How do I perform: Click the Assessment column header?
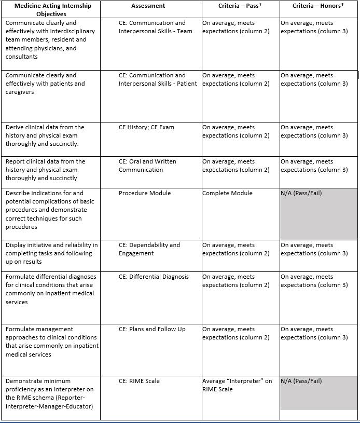coord(148,6)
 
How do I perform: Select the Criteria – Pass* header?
coord(240,6)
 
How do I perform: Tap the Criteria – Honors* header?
coord(318,6)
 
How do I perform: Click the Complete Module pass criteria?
coord(228,193)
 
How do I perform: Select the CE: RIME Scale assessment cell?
coord(139,381)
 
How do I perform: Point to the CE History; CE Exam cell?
coord(146,127)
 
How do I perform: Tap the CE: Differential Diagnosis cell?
coord(154,277)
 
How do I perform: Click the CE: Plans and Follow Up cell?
coord(151,329)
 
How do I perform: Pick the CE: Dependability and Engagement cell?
coord(149,249)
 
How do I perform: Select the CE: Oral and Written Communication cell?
coord(147,166)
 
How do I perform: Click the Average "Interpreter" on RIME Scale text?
coord(237,385)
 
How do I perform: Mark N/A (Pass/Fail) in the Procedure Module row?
coord(301,193)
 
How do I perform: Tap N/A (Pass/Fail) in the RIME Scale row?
coord(301,381)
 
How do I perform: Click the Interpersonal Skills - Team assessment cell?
coord(155,27)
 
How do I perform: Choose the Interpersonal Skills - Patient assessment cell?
coord(158,79)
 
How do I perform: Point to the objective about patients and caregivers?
coord(45,84)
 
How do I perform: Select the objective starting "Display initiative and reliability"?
coord(51,253)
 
